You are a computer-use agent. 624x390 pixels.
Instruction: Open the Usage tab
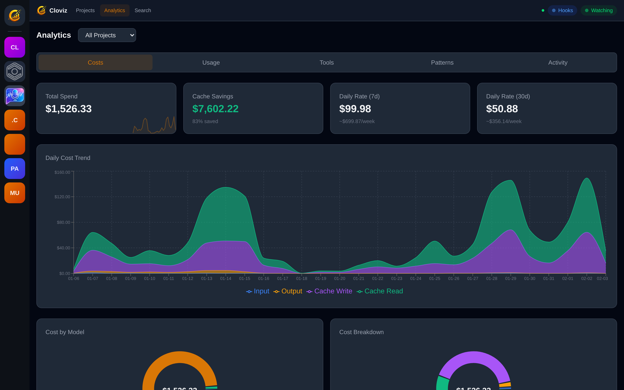pyautogui.click(x=211, y=62)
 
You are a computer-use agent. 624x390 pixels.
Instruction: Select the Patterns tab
pyautogui.click(x=442, y=62)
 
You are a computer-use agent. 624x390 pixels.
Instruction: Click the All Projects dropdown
pyautogui.click(x=107, y=35)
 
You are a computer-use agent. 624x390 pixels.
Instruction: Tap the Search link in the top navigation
pyautogui.click(x=143, y=10)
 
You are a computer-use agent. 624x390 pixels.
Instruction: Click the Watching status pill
pyautogui.click(x=598, y=10)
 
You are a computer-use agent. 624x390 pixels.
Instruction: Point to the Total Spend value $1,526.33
pyautogui.click(x=68, y=109)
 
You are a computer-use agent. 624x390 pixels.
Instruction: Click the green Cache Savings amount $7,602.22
pyautogui.click(x=215, y=109)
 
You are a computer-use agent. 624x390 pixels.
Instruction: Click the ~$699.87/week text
pyautogui.click(x=357, y=121)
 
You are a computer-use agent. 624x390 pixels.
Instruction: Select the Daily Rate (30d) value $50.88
pyautogui.click(x=502, y=109)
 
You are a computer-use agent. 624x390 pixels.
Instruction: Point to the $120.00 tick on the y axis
pyautogui.click(x=62, y=197)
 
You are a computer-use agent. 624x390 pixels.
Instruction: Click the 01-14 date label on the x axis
pyautogui.click(x=225, y=279)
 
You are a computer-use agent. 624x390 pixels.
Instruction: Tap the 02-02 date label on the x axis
pyautogui.click(x=586, y=279)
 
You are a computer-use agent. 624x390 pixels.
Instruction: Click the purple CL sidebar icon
pyautogui.click(x=15, y=47)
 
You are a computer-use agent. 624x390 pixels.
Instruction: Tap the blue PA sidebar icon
pyautogui.click(x=15, y=169)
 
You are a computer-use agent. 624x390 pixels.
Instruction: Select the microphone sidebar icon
pyautogui.click(x=15, y=96)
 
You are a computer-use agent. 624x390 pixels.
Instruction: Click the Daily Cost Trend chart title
pyautogui.click(x=68, y=158)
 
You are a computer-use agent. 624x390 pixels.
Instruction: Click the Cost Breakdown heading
pyautogui.click(x=361, y=332)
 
